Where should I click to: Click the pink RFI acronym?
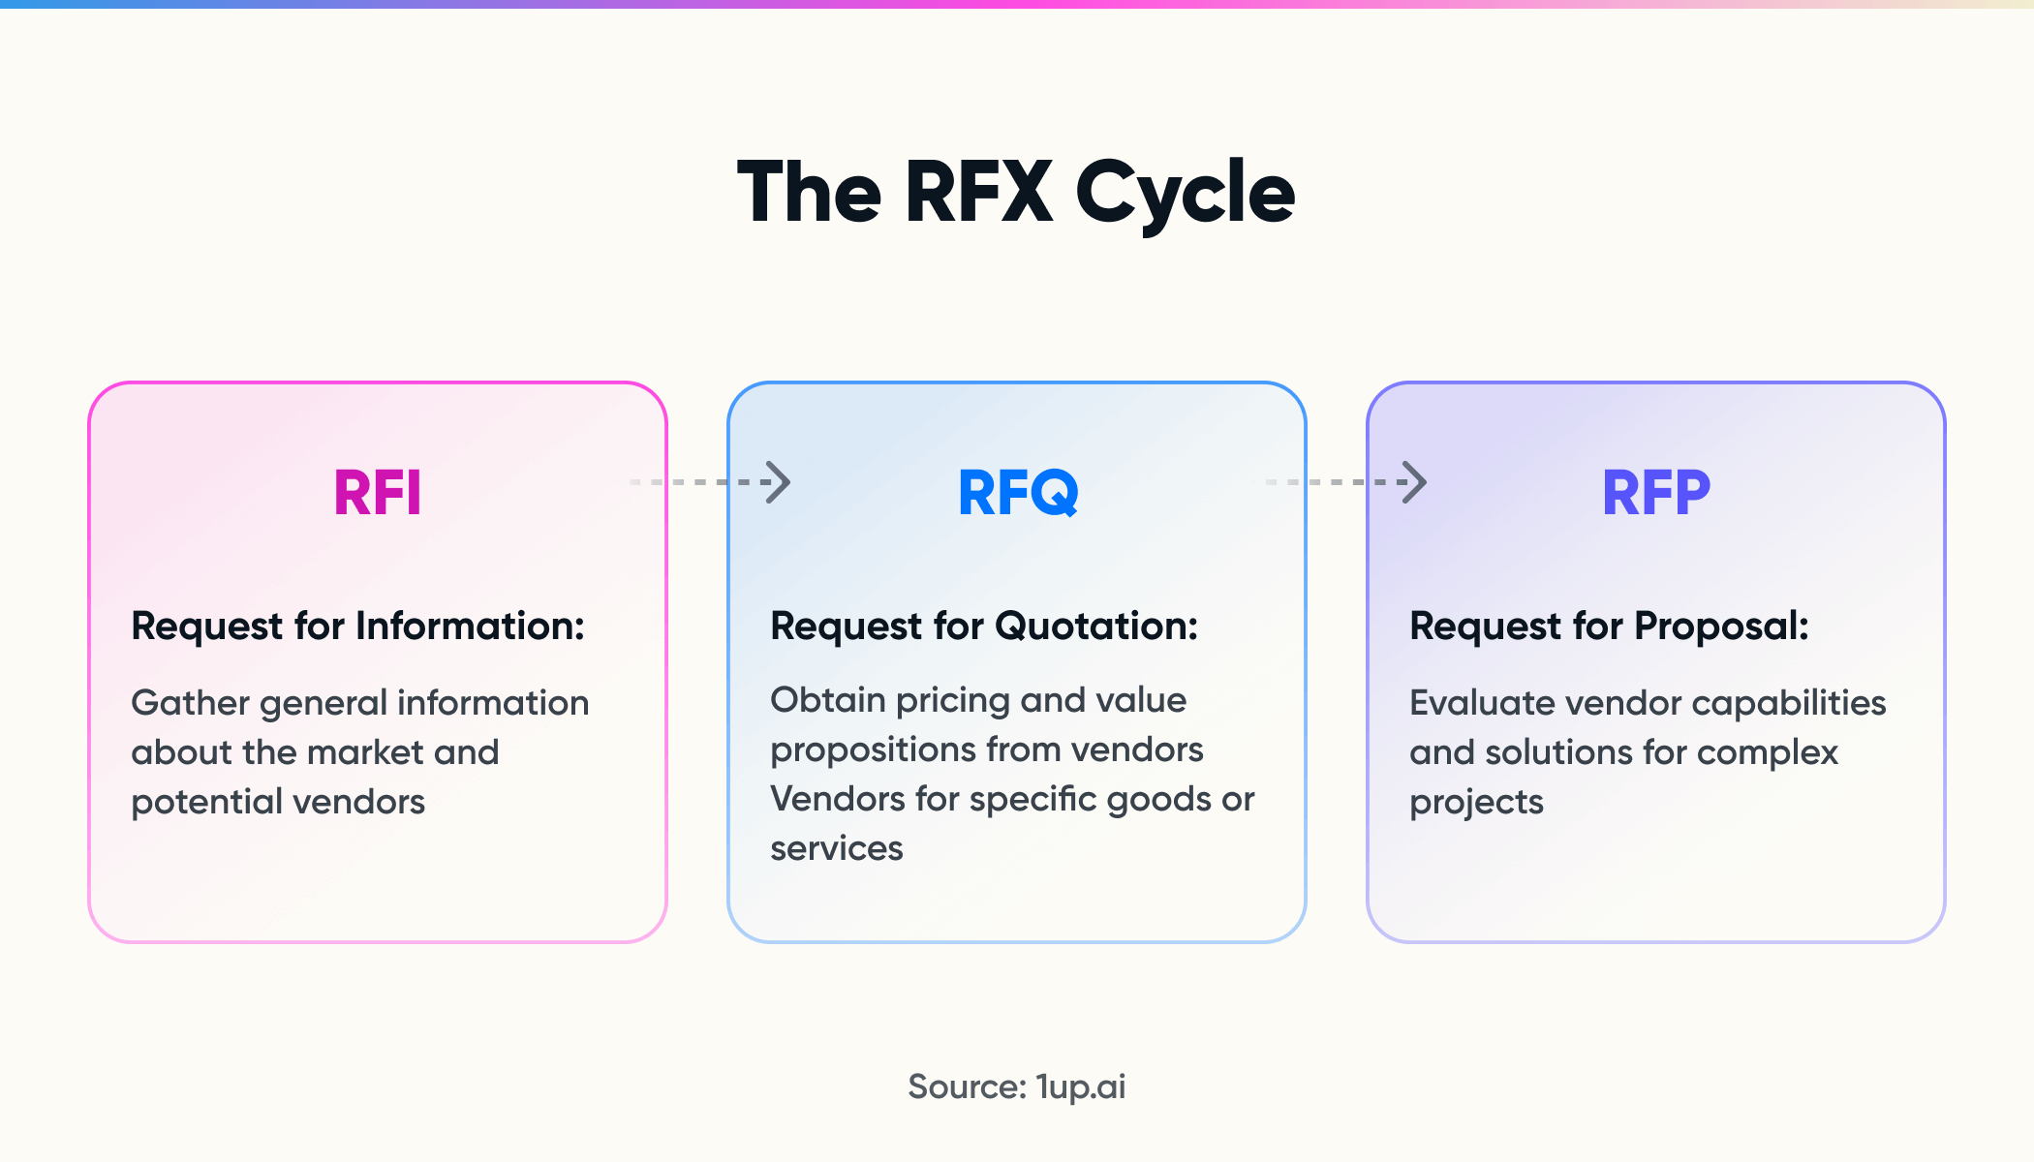tap(378, 493)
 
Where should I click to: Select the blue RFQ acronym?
tap(1017, 493)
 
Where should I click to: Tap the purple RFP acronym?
tap(1656, 493)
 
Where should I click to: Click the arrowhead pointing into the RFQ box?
tap(778, 482)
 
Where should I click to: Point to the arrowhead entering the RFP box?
tap(1415, 482)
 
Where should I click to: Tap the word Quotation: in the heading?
tap(1096, 627)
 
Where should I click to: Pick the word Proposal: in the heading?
tap(1721, 627)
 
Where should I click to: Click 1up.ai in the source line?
tap(1080, 1087)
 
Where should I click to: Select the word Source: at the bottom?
tap(967, 1086)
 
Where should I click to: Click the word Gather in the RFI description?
tap(191, 703)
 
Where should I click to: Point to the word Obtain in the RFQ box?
tap(828, 700)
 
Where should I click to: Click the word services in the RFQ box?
tap(836, 849)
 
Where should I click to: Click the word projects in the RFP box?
tap(1476, 803)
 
